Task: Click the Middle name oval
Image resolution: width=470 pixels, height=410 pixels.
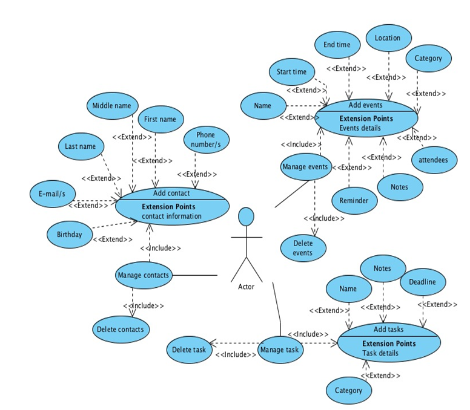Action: pyautogui.click(x=111, y=106)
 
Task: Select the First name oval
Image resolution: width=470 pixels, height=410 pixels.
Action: pyautogui.click(x=160, y=120)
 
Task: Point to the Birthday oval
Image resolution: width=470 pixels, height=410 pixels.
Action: pyautogui.click(x=70, y=235)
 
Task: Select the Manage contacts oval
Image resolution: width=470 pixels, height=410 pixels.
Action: pyautogui.click(x=144, y=276)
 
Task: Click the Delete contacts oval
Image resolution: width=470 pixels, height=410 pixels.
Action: pyautogui.click(x=121, y=329)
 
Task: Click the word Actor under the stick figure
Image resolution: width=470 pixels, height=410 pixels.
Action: pyautogui.click(x=246, y=287)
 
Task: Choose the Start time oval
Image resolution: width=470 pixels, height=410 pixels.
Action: pyautogui.click(x=292, y=72)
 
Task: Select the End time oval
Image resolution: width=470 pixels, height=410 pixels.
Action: pyautogui.click(x=337, y=45)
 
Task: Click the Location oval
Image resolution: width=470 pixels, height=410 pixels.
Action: pyautogui.click(x=388, y=38)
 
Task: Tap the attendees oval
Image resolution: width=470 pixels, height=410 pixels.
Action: pyautogui.click(x=434, y=160)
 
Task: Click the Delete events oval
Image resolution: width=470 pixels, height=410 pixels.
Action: pyautogui.click(x=303, y=247)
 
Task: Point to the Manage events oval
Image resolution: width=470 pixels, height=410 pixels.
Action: pyautogui.click(x=306, y=167)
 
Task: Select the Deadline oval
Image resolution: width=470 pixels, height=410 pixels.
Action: pyautogui.click(x=422, y=282)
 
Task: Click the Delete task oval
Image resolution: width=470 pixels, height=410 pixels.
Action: pyautogui.click(x=189, y=350)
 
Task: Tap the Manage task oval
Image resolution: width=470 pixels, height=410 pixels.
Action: pyautogui.click(x=280, y=350)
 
